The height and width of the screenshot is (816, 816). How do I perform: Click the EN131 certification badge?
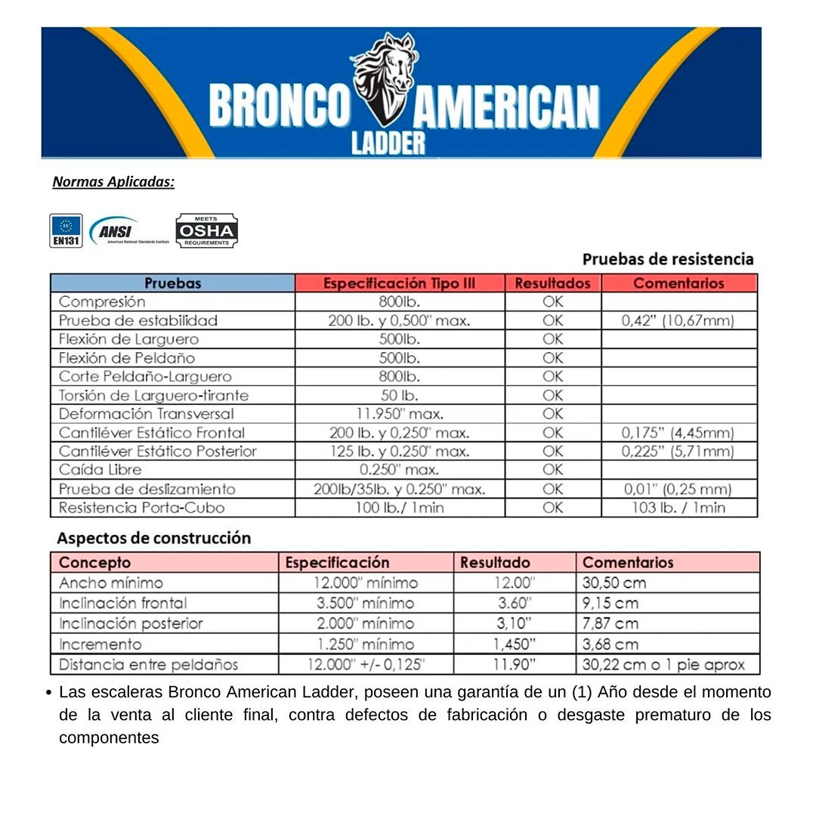[x=66, y=230]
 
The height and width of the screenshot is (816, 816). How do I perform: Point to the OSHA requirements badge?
[x=206, y=231]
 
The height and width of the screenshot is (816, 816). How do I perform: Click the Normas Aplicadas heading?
[x=113, y=182]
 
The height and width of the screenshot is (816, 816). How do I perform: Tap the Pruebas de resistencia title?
[x=668, y=259]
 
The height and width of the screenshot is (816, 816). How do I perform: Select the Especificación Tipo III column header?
[x=399, y=283]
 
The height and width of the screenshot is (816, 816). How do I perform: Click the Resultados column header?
[x=552, y=283]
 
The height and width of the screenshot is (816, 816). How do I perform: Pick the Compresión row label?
[x=102, y=301]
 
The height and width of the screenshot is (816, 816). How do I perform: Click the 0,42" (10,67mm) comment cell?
[x=678, y=320]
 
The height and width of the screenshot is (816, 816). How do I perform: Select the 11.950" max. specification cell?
[x=399, y=414]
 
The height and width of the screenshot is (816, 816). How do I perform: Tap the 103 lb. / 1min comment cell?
[x=678, y=508]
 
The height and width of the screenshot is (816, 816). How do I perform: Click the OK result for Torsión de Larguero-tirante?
[x=552, y=395]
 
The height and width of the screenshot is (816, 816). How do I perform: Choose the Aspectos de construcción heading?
[x=154, y=539]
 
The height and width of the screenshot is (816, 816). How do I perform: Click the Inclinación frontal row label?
[x=122, y=603]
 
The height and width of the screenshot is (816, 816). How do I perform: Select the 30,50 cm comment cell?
[x=614, y=583]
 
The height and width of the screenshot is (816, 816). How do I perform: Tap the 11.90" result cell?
[x=514, y=665]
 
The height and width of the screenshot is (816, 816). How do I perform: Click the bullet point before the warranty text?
[x=49, y=692]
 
